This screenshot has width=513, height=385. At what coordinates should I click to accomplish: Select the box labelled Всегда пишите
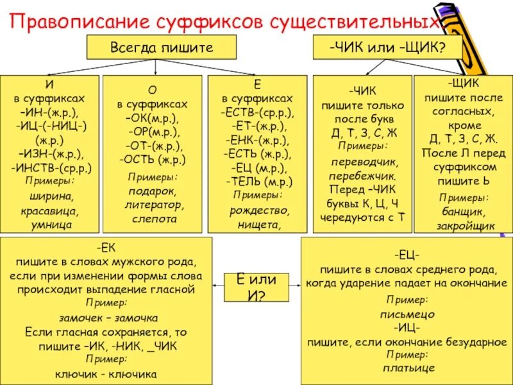tap(162, 47)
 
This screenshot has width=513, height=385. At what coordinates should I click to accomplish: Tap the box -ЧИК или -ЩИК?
tap(387, 47)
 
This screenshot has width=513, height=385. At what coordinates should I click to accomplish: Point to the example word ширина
tap(50, 196)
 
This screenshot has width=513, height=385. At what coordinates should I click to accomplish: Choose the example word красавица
tap(50, 210)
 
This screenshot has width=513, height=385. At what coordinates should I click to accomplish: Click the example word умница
tap(50, 225)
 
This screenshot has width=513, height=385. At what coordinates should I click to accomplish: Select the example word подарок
tap(155, 191)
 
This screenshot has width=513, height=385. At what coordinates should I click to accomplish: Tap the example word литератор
tap(155, 205)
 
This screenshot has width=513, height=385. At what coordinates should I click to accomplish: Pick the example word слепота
tap(155, 219)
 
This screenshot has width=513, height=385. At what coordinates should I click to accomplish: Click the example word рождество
tap(258, 210)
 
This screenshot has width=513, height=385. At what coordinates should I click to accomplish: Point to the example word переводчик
tap(362, 162)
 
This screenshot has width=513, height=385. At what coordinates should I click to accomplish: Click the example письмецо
tap(408, 314)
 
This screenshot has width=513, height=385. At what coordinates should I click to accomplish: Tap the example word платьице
tap(408, 368)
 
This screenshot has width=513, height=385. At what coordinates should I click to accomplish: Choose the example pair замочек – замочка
tap(108, 318)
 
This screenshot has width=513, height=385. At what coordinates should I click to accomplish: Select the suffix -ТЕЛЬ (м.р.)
tap(258, 180)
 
